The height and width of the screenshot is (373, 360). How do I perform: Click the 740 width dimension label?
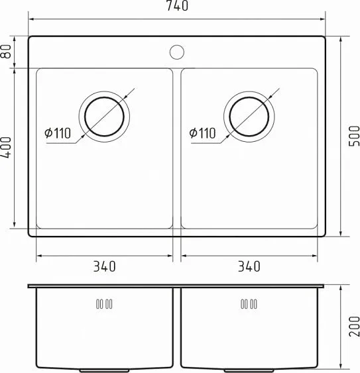(177, 7)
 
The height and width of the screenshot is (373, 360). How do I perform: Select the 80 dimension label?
(7, 52)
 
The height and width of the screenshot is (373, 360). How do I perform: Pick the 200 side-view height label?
(353, 327)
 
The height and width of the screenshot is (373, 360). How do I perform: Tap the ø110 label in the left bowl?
(58, 133)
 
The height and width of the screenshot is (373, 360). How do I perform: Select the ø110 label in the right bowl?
(202, 133)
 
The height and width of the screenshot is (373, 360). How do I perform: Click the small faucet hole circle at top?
(177, 50)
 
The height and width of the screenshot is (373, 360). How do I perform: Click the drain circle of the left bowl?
(105, 116)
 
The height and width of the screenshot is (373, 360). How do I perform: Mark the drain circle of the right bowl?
(249, 116)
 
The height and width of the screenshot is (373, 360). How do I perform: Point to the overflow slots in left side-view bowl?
(104, 304)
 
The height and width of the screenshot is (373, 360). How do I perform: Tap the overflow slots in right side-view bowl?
(248, 304)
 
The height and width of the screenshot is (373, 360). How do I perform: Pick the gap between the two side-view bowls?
(177, 328)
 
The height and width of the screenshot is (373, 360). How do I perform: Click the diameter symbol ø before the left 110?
(48, 133)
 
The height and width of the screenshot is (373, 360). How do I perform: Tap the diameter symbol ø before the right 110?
(192, 133)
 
